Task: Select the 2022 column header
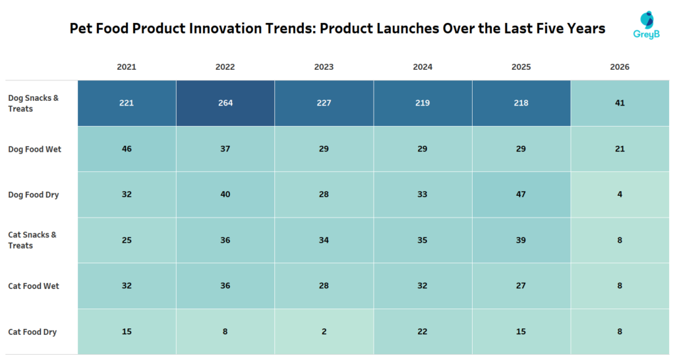click(225, 67)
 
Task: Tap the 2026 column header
click(620, 67)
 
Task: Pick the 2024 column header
click(423, 67)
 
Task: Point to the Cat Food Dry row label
click(32, 332)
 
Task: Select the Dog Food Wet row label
click(34, 149)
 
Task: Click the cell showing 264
click(225, 103)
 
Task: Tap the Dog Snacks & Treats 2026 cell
click(620, 103)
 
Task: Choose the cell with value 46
click(127, 149)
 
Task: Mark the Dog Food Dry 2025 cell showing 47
click(521, 195)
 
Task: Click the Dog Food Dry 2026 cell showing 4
click(620, 195)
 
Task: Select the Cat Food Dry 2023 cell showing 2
click(324, 332)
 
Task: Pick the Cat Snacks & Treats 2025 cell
click(521, 240)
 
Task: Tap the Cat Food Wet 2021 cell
click(127, 286)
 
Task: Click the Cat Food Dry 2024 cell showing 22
click(423, 332)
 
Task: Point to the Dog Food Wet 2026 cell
click(620, 149)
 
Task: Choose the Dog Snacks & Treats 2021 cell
click(127, 103)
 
